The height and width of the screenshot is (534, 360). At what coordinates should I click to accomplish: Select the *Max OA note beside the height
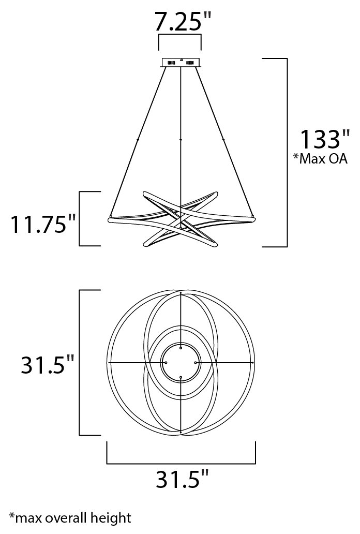point(320,158)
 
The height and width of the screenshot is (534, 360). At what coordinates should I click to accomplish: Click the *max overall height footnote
point(70,518)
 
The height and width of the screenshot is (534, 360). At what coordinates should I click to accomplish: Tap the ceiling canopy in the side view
point(181,63)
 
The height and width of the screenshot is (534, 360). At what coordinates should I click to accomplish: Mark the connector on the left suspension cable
point(138,139)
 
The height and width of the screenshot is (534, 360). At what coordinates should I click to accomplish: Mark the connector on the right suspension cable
point(223,139)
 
